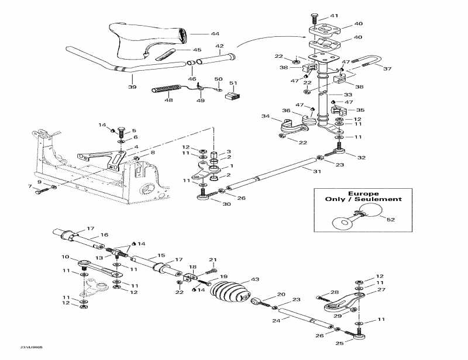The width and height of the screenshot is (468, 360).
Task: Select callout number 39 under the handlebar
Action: [x=132, y=87]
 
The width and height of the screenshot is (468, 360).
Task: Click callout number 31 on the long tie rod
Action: [x=317, y=171]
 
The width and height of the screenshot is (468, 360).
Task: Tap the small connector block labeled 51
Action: [x=233, y=95]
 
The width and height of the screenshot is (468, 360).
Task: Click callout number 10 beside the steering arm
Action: [x=65, y=257]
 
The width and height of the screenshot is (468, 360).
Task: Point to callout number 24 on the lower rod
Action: [x=274, y=320]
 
